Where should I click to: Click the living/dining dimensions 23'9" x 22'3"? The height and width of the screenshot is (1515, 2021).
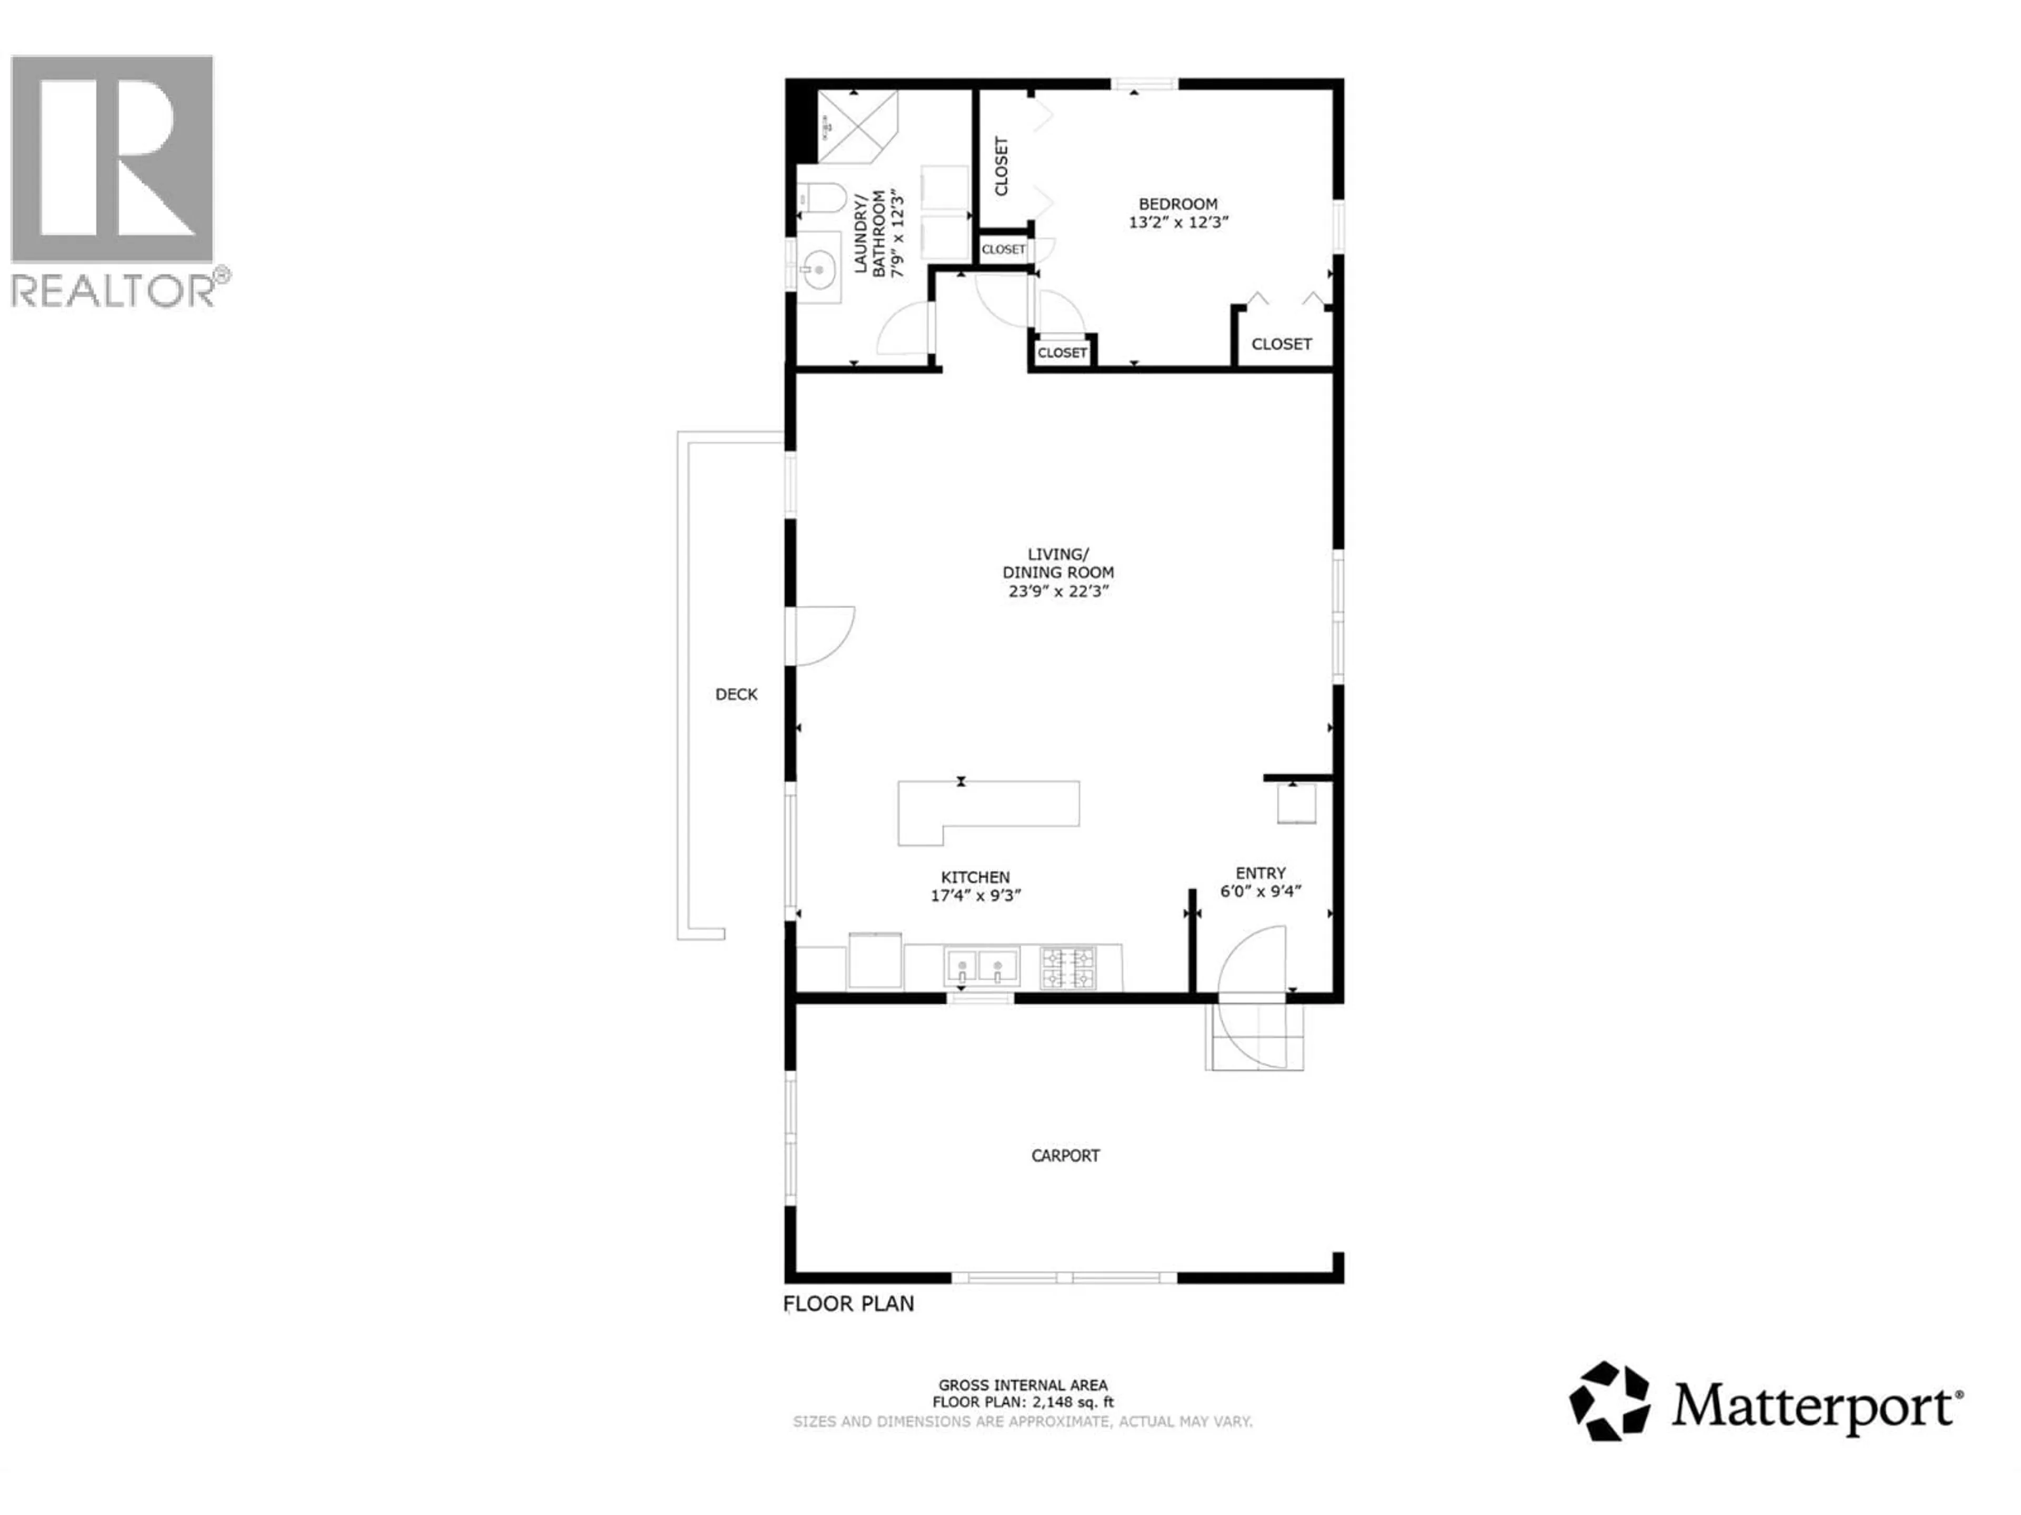tap(1058, 591)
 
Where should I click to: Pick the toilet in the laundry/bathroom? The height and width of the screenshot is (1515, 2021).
tap(818, 198)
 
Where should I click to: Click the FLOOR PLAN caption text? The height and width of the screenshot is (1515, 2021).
tap(849, 1303)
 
